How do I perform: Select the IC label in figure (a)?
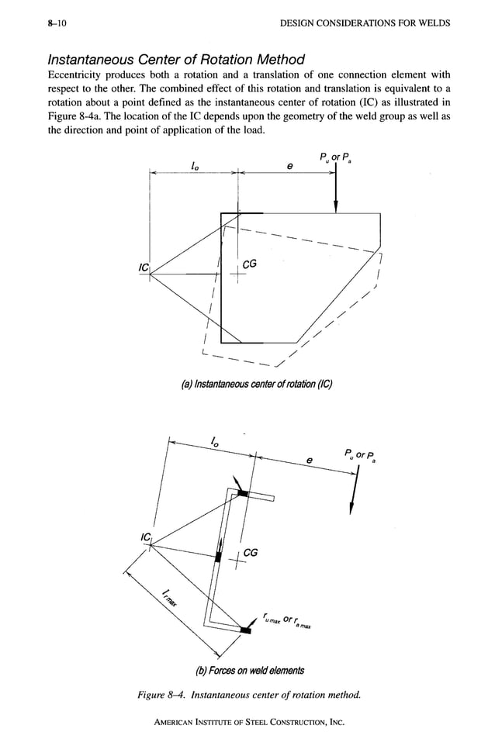[x=143, y=268]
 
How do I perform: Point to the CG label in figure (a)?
[x=250, y=265]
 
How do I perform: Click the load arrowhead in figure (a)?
[x=335, y=206]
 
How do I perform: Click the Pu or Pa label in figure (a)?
[x=334, y=159]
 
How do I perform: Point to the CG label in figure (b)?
[x=251, y=552]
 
